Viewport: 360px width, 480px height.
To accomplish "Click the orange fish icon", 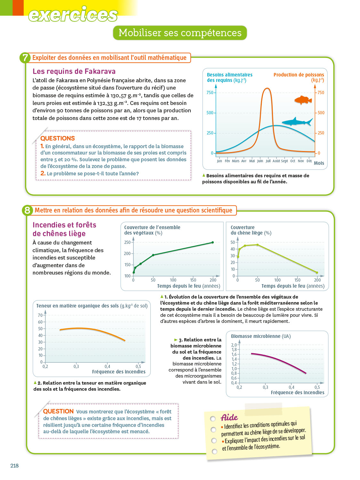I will coord(303,100).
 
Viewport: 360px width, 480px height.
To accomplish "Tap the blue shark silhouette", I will coord(296,122).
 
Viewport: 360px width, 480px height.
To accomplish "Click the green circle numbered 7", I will coord(25,58).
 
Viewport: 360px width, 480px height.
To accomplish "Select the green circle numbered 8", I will coord(27,210).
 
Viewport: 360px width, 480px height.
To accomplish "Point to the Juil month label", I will coord(268,161).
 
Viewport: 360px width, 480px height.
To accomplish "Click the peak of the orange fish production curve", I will coord(266,89).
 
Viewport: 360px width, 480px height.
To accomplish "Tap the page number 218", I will coord(14,466).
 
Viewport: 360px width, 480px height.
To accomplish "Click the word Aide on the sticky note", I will coord(229,418).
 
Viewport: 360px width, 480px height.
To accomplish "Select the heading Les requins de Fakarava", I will coord(74,71).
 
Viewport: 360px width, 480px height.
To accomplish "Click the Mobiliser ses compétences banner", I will coord(180,33).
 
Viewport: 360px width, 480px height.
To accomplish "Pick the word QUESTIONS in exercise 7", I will coord(58,138).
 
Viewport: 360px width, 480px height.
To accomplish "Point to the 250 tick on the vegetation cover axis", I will coord(127,242).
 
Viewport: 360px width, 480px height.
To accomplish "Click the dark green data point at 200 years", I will coord(212,243).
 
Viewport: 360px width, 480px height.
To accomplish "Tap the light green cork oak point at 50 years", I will coord(258,245).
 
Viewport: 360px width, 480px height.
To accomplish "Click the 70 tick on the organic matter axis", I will coord(40,315).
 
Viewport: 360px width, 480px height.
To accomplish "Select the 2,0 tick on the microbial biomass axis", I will coord(234,345).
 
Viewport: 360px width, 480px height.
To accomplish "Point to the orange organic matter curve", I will coord(93,330).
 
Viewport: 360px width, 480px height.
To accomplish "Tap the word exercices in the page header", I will coord(73,15).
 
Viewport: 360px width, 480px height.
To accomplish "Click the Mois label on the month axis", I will coord(319,163).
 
